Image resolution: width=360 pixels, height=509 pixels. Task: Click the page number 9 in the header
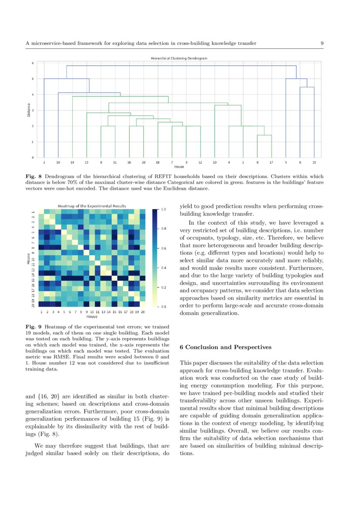point(322,43)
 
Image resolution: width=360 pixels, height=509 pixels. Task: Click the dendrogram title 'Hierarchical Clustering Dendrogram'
point(179,58)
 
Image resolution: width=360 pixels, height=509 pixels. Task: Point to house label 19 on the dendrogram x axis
point(58,162)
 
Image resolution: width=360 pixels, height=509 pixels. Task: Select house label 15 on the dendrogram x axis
point(314,162)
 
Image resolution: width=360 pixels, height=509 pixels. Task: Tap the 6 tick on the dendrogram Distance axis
point(32,63)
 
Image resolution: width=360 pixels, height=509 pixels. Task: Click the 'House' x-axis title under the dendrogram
point(179,166)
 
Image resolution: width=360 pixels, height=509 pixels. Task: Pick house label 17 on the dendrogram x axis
point(271,162)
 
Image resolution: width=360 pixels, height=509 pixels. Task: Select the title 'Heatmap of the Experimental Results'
point(92,206)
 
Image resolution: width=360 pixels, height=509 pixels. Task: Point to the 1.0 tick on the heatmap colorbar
point(163,209)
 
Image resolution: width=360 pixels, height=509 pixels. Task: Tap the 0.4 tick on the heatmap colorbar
point(163,268)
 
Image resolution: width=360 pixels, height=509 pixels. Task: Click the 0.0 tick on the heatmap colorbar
point(163,307)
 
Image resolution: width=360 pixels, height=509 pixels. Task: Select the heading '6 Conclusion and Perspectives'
point(225,347)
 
